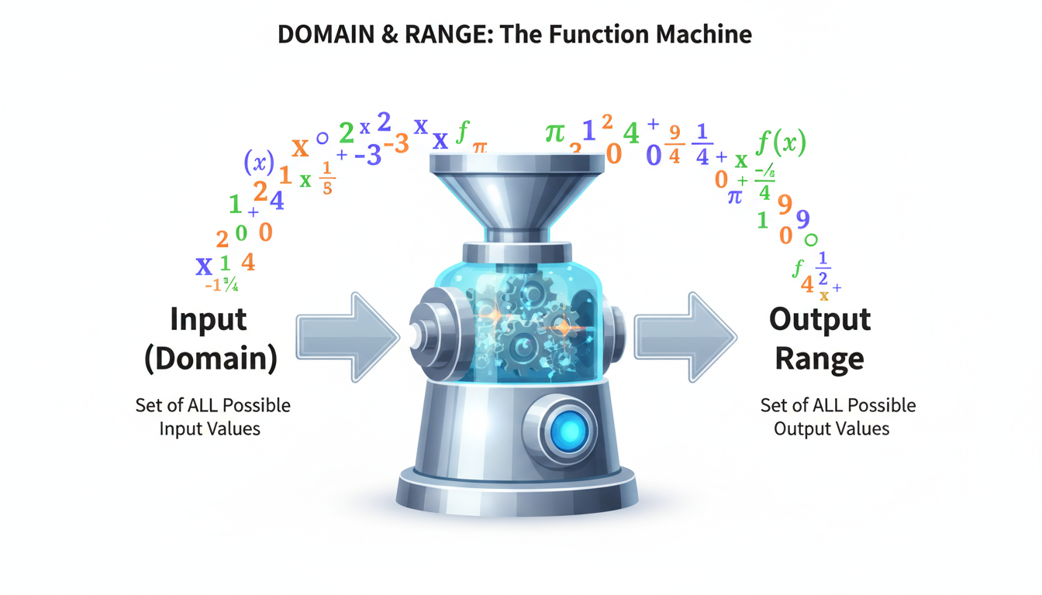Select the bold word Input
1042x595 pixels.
208,319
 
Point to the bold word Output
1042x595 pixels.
819,319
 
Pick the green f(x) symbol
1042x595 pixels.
780,143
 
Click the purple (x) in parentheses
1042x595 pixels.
259,162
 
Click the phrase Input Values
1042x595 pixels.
209,428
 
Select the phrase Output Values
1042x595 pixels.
832,428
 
